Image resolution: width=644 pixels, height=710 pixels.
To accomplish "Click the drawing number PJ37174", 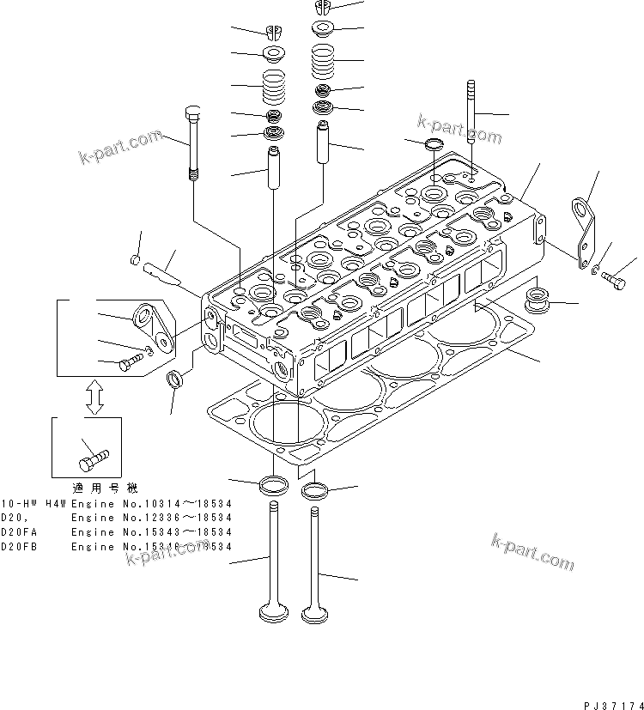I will coord(613,704).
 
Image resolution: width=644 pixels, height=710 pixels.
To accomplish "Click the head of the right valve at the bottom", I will coord(316,614).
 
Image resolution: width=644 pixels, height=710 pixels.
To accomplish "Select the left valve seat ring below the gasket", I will coord(274,483).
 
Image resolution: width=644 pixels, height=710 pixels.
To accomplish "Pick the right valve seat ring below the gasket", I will coord(314,491).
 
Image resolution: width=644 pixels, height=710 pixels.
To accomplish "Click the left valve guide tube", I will coord(274,169).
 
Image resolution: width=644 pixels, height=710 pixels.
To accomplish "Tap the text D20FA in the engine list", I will coord(15,532).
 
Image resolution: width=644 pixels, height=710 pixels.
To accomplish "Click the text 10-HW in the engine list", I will coord(17,503).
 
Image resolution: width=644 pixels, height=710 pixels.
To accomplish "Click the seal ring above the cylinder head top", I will coord(435,143).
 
